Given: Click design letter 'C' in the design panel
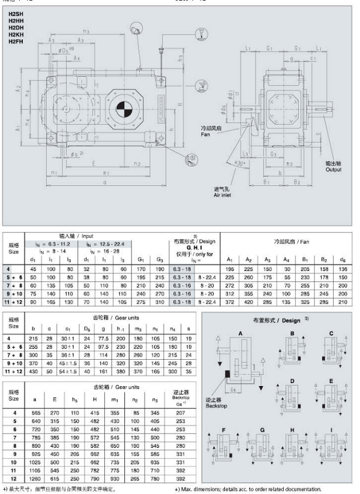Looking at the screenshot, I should tap(331, 332).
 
